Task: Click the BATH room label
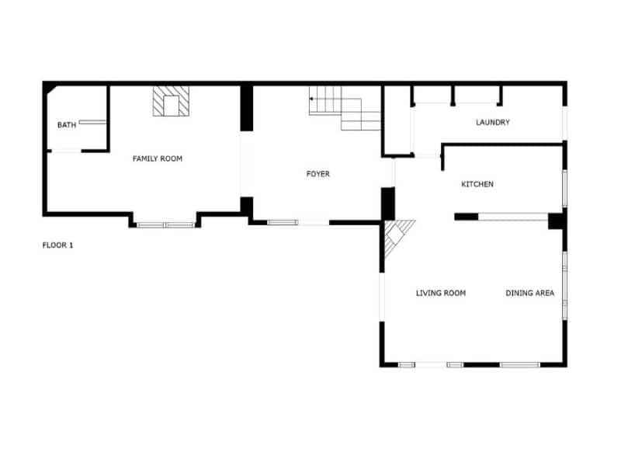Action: point(67,125)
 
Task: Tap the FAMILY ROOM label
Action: point(158,158)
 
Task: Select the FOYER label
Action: point(317,174)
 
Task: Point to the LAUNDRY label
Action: point(492,122)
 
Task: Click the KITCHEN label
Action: point(477,184)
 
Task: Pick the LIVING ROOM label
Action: point(440,293)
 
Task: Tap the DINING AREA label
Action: point(529,293)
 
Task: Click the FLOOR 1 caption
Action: point(57,245)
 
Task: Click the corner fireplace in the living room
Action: point(397,235)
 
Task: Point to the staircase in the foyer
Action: point(345,109)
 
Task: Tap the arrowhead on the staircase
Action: point(311,99)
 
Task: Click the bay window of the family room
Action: point(165,224)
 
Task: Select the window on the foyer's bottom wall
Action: point(283,223)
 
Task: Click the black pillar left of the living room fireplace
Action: point(388,203)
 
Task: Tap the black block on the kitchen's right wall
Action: point(556,221)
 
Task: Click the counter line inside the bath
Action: point(92,121)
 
